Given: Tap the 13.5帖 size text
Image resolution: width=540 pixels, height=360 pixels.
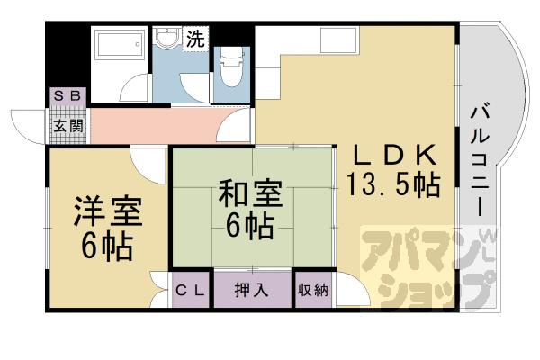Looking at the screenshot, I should (x=393, y=185).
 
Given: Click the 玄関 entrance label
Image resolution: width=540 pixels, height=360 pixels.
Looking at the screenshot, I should (x=67, y=127).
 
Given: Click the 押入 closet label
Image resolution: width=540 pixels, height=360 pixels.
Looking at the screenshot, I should (x=251, y=290).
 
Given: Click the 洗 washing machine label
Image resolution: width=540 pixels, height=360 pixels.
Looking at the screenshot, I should (x=194, y=40).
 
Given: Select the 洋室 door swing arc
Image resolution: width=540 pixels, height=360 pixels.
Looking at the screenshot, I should (x=145, y=165).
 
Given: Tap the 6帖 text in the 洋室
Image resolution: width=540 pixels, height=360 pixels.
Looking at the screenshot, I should (x=105, y=245).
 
